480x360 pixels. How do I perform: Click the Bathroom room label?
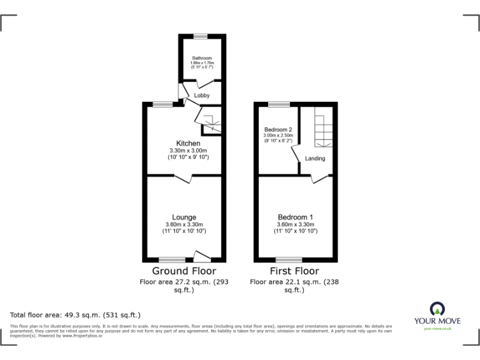click(202, 58)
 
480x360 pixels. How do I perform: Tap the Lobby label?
click(202, 96)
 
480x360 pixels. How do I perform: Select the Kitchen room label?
click(188, 144)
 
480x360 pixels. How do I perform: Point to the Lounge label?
click(184, 217)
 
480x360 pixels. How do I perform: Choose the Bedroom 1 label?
click(296, 217)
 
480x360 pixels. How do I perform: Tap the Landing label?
click(315, 159)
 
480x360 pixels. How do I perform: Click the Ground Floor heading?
click(184, 271)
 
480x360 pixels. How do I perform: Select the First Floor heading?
click(294, 271)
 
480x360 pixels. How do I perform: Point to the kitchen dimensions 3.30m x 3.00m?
click(188, 151)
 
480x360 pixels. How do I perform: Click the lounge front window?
click(171, 259)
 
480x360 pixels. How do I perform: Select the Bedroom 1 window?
click(288, 259)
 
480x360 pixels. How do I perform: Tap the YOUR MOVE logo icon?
click(437, 309)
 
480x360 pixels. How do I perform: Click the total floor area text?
click(76, 315)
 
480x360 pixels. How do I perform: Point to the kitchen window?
click(164, 104)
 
